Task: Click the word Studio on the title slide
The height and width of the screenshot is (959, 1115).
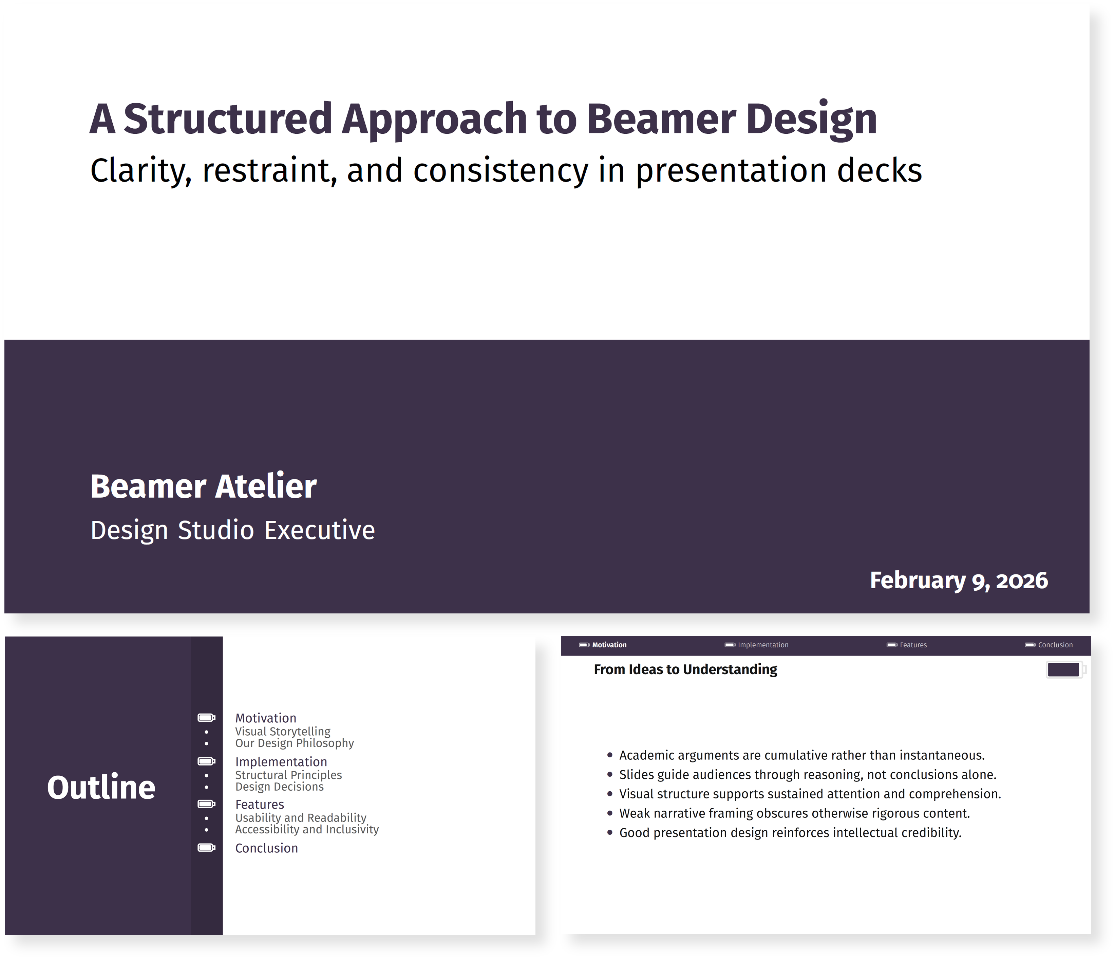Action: pos(216,530)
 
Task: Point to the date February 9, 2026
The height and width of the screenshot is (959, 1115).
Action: pos(959,580)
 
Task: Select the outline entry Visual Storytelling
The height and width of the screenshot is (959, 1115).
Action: pos(283,731)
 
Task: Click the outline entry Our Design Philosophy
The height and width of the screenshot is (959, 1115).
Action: pos(294,743)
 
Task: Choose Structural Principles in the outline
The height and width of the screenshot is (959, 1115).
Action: pos(288,775)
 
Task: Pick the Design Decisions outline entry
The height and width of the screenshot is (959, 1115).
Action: pos(279,787)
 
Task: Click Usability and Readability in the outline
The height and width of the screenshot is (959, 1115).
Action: pos(301,817)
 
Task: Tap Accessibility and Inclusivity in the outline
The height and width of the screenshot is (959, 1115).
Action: pos(307,829)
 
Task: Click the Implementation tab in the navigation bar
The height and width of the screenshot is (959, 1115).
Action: pos(763,645)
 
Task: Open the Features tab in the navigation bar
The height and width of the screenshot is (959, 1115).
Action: pos(913,645)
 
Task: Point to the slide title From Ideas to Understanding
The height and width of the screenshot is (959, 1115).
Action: pos(685,669)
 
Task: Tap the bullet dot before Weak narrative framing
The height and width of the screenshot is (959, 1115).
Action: pos(610,813)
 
